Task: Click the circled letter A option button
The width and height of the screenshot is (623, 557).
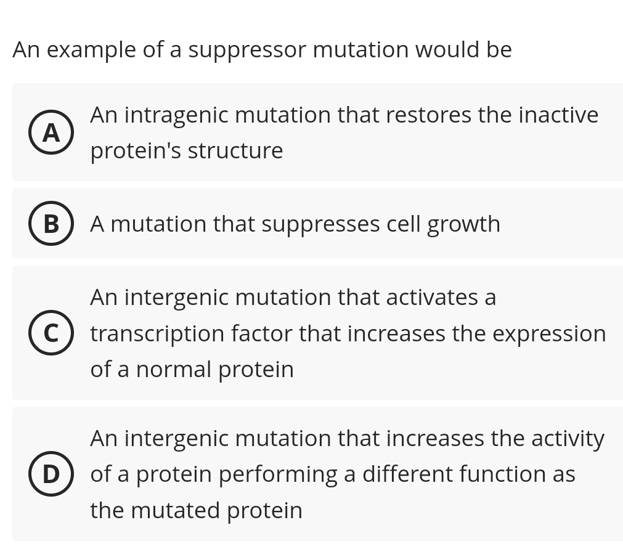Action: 51,132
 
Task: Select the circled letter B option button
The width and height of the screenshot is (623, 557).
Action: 51,224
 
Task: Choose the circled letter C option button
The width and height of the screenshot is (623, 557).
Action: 51,333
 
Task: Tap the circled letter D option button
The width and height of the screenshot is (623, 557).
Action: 51,474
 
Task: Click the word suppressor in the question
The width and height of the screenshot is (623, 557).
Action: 246,50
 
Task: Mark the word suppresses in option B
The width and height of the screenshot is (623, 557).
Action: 320,224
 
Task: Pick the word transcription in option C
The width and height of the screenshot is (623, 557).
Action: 157,333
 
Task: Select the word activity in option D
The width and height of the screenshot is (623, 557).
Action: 568,438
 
